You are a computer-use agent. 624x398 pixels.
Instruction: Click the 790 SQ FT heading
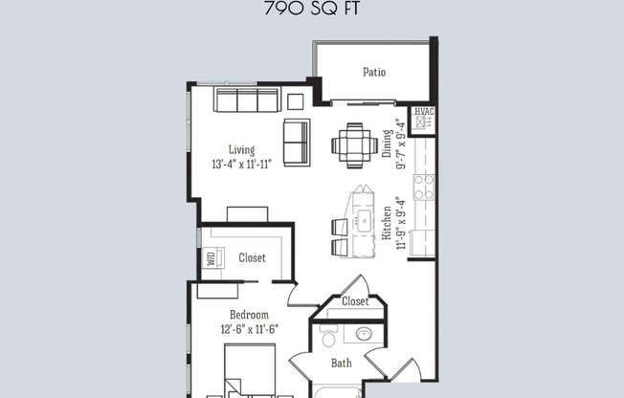point(311,12)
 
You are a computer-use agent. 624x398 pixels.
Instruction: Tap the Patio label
point(374,72)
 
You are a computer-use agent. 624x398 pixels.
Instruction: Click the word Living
point(241,149)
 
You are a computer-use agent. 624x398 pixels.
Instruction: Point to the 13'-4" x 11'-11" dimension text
point(242,164)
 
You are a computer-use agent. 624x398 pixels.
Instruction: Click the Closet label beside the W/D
point(252,258)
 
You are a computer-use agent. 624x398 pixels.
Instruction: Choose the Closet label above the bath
point(355,302)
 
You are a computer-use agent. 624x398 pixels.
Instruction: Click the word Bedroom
point(249,315)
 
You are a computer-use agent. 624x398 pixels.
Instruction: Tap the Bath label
point(342,364)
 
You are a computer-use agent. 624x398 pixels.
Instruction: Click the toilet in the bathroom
point(327,338)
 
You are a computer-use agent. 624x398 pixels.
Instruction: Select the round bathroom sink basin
point(364,335)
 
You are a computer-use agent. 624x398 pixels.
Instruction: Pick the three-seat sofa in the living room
point(246,101)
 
